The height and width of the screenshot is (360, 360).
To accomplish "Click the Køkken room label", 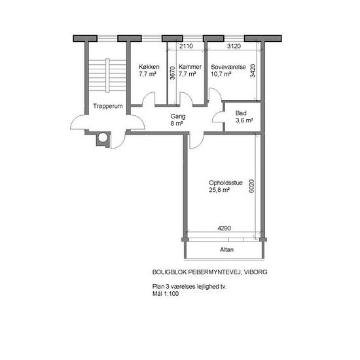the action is [x=149, y=67].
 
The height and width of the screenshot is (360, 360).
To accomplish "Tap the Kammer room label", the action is [x=190, y=67].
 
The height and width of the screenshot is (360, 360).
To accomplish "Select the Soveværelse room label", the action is [x=228, y=67].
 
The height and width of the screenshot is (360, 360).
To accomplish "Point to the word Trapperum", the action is [x=108, y=106].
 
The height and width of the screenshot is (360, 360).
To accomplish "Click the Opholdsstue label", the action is [x=226, y=183].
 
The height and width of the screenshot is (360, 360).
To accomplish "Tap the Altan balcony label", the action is [x=227, y=249].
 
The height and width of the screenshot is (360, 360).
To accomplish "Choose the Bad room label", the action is [x=241, y=113].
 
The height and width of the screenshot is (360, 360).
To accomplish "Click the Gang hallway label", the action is [x=178, y=117].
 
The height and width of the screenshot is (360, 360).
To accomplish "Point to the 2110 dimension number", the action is [x=186, y=46].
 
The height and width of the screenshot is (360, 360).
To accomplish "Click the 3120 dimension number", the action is [x=234, y=46].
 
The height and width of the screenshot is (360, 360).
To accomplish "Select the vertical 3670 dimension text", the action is [x=172, y=73].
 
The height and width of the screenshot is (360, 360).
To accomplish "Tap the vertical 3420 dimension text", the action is [x=253, y=71].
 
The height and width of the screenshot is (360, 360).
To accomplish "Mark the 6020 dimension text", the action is [x=251, y=186].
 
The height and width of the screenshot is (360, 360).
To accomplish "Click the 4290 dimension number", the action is [x=225, y=228].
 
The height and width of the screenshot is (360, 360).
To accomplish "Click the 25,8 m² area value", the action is [x=219, y=190].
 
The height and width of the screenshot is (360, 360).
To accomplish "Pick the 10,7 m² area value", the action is [x=221, y=74].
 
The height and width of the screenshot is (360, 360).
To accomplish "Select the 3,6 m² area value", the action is [x=244, y=120].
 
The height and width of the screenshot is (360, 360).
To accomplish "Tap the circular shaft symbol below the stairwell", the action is [x=103, y=137].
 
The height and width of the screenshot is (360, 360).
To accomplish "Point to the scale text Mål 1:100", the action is [x=166, y=294].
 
